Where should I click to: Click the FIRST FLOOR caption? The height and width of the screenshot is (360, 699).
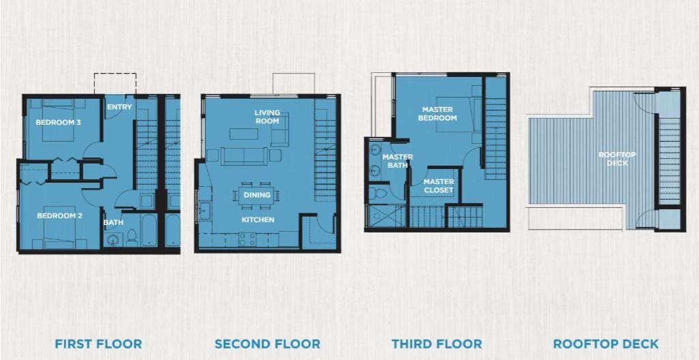(x=98, y=344)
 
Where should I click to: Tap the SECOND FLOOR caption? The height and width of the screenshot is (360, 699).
(x=267, y=344)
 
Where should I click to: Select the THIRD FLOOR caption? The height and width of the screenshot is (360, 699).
(x=437, y=344)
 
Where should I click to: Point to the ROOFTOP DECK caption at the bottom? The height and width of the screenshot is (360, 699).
(x=606, y=344)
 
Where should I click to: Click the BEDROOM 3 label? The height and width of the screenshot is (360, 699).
(x=59, y=122)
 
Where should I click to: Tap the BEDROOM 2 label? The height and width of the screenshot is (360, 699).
(x=60, y=215)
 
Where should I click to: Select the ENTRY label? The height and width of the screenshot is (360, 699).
(x=119, y=107)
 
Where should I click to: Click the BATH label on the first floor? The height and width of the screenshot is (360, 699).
(x=114, y=222)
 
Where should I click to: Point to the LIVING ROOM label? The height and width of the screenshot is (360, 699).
(x=267, y=117)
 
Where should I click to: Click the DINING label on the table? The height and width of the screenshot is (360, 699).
(x=257, y=195)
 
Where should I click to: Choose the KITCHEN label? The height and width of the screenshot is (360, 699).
(x=258, y=220)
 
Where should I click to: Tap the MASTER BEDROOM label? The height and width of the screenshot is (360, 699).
(x=438, y=114)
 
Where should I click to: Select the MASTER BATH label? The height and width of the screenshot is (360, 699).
(x=398, y=161)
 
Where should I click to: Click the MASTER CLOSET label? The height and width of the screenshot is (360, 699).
(x=438, y=185)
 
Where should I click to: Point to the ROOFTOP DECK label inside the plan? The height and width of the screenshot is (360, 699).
(x=617, y=159)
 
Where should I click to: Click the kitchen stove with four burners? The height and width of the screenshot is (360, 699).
(x=247, y=240)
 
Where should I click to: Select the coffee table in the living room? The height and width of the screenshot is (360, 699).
(x=244, y=134)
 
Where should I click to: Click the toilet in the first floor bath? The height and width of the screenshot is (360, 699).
(x=132, y=237)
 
